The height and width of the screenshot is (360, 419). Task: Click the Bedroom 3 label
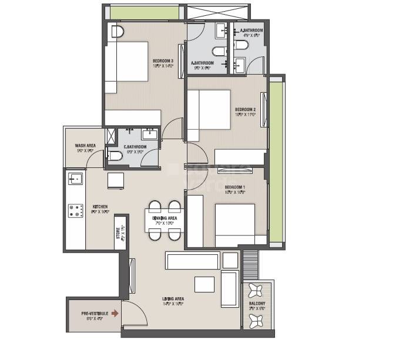click(x=162, y=60)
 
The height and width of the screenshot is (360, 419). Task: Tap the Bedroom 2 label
click(x=245, y=109)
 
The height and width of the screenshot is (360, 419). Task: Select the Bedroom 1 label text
click(x=234, y=187)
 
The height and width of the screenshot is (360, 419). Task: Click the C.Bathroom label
click(x=135, y=146)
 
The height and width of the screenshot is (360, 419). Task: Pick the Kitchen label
click(x=99, y=207)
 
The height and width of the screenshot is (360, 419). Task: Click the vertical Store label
click(x=118, y=233)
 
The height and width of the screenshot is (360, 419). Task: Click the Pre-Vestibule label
click(x=92, y=314)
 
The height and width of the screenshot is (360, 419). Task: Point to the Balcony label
click(x=257, y=304)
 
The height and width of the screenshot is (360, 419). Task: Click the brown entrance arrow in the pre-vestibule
click(x=115, y=314)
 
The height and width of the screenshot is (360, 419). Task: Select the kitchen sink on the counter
click(x=75, y=178)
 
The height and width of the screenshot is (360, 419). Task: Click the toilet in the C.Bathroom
click(x=115, y=156)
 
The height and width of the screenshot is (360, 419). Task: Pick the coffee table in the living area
click(x=205, y=284)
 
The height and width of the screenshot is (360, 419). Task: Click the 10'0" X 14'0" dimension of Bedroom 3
click(x=162, y=66)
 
